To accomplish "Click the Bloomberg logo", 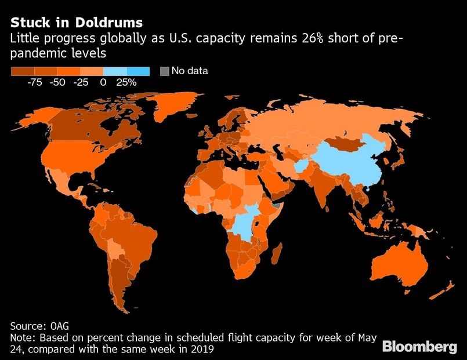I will (x=419, y=346).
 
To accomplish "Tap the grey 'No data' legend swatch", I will (x=164, y=71).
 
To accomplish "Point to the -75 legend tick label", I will (x=34, y=82).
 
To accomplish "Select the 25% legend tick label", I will (x=126, y=82).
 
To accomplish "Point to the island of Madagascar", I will (x=277, y=255).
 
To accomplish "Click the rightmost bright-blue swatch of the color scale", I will (x=138, y=71).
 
